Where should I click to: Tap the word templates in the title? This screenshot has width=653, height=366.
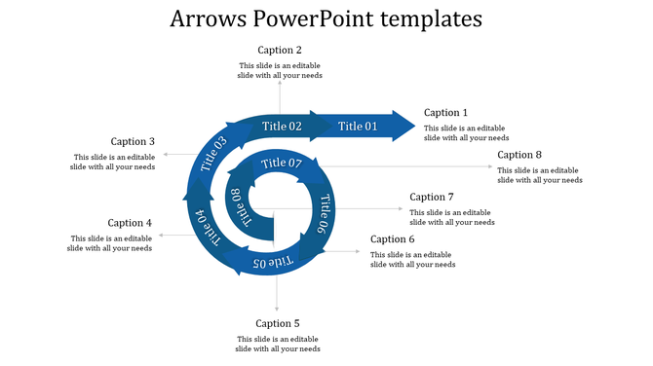click(428, 18)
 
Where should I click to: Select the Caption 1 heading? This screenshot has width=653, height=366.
click(446, 113)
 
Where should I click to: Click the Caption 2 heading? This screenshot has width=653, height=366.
click(280, 50)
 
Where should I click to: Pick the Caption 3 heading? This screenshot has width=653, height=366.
click(133, 141)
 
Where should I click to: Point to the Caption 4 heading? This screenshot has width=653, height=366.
click(130, 223)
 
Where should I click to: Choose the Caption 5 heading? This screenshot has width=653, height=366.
click(278, 323)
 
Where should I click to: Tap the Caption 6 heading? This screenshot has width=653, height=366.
click(393, 239)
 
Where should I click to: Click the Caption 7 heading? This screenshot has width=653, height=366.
click(432, 197)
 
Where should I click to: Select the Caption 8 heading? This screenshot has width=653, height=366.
click(519, 155)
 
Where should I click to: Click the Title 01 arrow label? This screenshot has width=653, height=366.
click(358, 127)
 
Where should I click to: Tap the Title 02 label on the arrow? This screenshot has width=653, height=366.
click(282, 127)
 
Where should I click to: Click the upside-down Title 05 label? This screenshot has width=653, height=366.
click(273, 262)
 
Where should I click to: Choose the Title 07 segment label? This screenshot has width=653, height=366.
click(282, 163)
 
